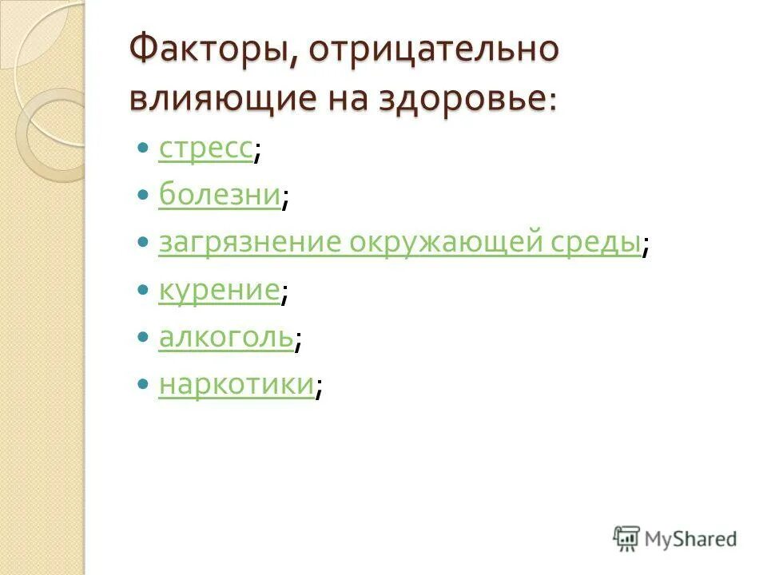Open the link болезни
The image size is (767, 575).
(x=220, y=195)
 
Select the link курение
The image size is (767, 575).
(x=219, y=291)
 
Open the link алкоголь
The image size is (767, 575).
(x=226, y=339)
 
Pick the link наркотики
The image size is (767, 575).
(x=236, y=385)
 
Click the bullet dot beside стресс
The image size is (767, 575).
(x=143, y=149)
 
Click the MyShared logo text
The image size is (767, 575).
(x=691, y=539)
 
